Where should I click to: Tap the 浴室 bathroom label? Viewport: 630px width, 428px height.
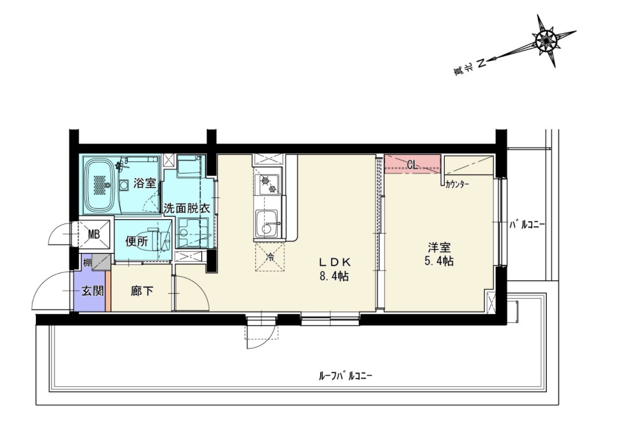(144, 183)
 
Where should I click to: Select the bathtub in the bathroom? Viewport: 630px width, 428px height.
(101, 184)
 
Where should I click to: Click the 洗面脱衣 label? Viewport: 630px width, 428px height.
(186, 208)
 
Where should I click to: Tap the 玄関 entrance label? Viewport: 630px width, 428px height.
(92, 291)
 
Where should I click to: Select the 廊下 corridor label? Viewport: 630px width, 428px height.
(141, 291)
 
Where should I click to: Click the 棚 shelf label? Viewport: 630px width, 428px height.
(86, 262)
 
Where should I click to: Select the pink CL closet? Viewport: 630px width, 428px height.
(412, 164)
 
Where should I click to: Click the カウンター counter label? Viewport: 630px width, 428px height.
(457, 185)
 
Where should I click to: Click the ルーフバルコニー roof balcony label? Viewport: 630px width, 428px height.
(346, 376)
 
